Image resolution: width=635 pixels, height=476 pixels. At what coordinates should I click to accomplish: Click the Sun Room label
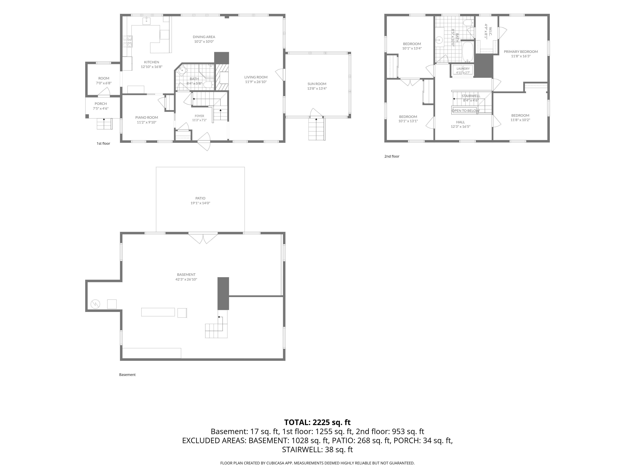[x=317, y=84]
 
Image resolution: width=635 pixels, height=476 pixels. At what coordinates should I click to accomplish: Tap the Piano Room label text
[x=147, y=117]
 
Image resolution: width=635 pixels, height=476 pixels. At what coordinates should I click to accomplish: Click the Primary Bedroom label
[x=521, y=52]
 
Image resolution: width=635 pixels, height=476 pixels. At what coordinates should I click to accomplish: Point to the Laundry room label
[x=463, y=69]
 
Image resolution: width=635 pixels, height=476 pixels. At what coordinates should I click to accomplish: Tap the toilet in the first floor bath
[x=208, y=84]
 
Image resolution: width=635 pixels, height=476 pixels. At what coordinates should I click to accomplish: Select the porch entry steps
[x=104, y=124]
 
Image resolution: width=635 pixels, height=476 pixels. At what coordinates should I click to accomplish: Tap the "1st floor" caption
[x=103, y=143]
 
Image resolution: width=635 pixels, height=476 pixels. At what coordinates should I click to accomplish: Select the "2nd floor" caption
[x=392, y=156]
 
